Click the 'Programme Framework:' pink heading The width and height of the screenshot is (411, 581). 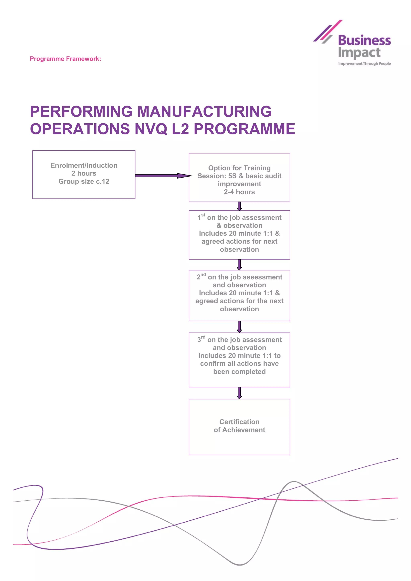65,59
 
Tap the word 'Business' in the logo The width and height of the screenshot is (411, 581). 364,41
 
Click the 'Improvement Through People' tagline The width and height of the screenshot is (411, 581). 364,64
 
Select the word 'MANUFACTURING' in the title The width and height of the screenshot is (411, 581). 204,111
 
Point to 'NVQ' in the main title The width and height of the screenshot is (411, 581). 151,129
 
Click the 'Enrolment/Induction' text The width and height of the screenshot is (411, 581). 84,165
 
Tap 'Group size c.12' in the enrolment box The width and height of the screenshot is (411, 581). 84,181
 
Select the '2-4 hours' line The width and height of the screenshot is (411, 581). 239,192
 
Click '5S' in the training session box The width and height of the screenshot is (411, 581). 232,176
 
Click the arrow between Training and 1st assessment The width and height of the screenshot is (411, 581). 239,206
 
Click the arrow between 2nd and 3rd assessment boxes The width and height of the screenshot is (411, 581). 239,327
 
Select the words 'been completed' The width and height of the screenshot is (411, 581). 239,372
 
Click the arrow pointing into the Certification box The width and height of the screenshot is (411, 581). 239,393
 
